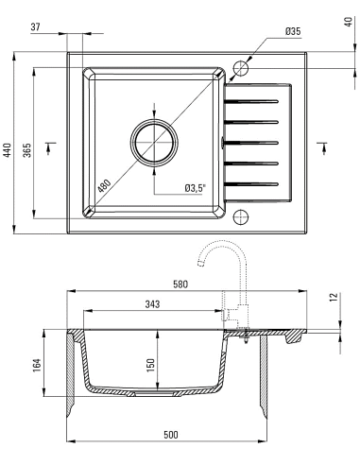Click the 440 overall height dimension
click(8, 149)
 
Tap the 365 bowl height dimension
click(27, 150)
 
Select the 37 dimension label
click(36, 27)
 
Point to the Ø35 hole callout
click(293, 31)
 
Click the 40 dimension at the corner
click(349, 22)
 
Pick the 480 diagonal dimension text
click(104, 186)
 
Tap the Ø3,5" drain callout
click(196, 188)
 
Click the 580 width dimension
click(180, 284)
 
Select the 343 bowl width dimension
click(152, 304)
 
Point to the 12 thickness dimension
click(334, 297)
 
